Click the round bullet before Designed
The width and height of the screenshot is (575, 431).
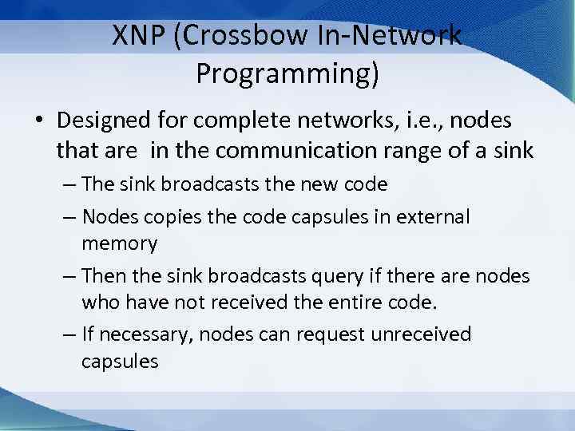[38, 121]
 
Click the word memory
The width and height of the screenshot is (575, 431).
[119, 243]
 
